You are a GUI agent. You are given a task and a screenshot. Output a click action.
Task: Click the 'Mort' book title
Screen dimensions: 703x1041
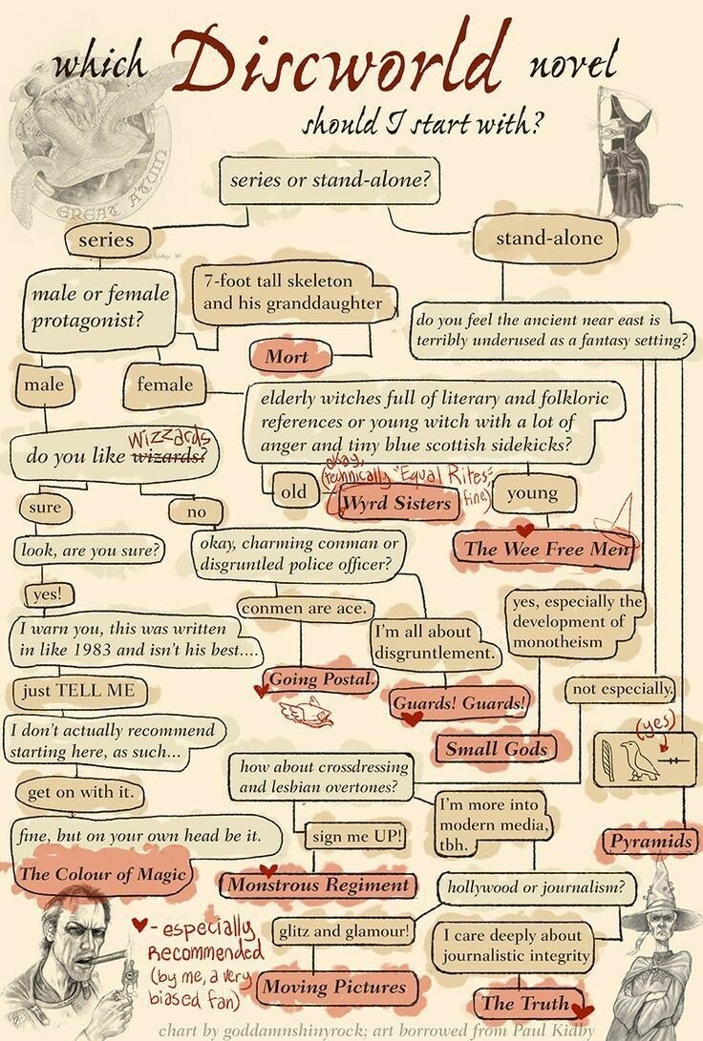click(x=287, y=357)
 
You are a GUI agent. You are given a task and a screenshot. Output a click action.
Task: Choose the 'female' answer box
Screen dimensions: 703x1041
click(x=164, y=385)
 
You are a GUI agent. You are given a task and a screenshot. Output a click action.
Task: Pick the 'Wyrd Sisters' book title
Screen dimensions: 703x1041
click(x=396, y=502)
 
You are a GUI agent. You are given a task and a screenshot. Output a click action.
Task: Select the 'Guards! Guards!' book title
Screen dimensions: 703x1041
click(x=459, y=703)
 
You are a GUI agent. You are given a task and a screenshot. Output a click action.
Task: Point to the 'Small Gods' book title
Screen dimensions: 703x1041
click(x=497, y=748)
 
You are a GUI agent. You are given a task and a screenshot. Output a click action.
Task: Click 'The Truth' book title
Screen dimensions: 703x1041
click(x=524, y=1003)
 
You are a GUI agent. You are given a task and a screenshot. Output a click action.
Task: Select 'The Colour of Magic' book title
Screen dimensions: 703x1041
click(x=103, y=873)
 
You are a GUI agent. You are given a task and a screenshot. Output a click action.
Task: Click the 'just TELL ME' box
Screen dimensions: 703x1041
click(x=74, y=691)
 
